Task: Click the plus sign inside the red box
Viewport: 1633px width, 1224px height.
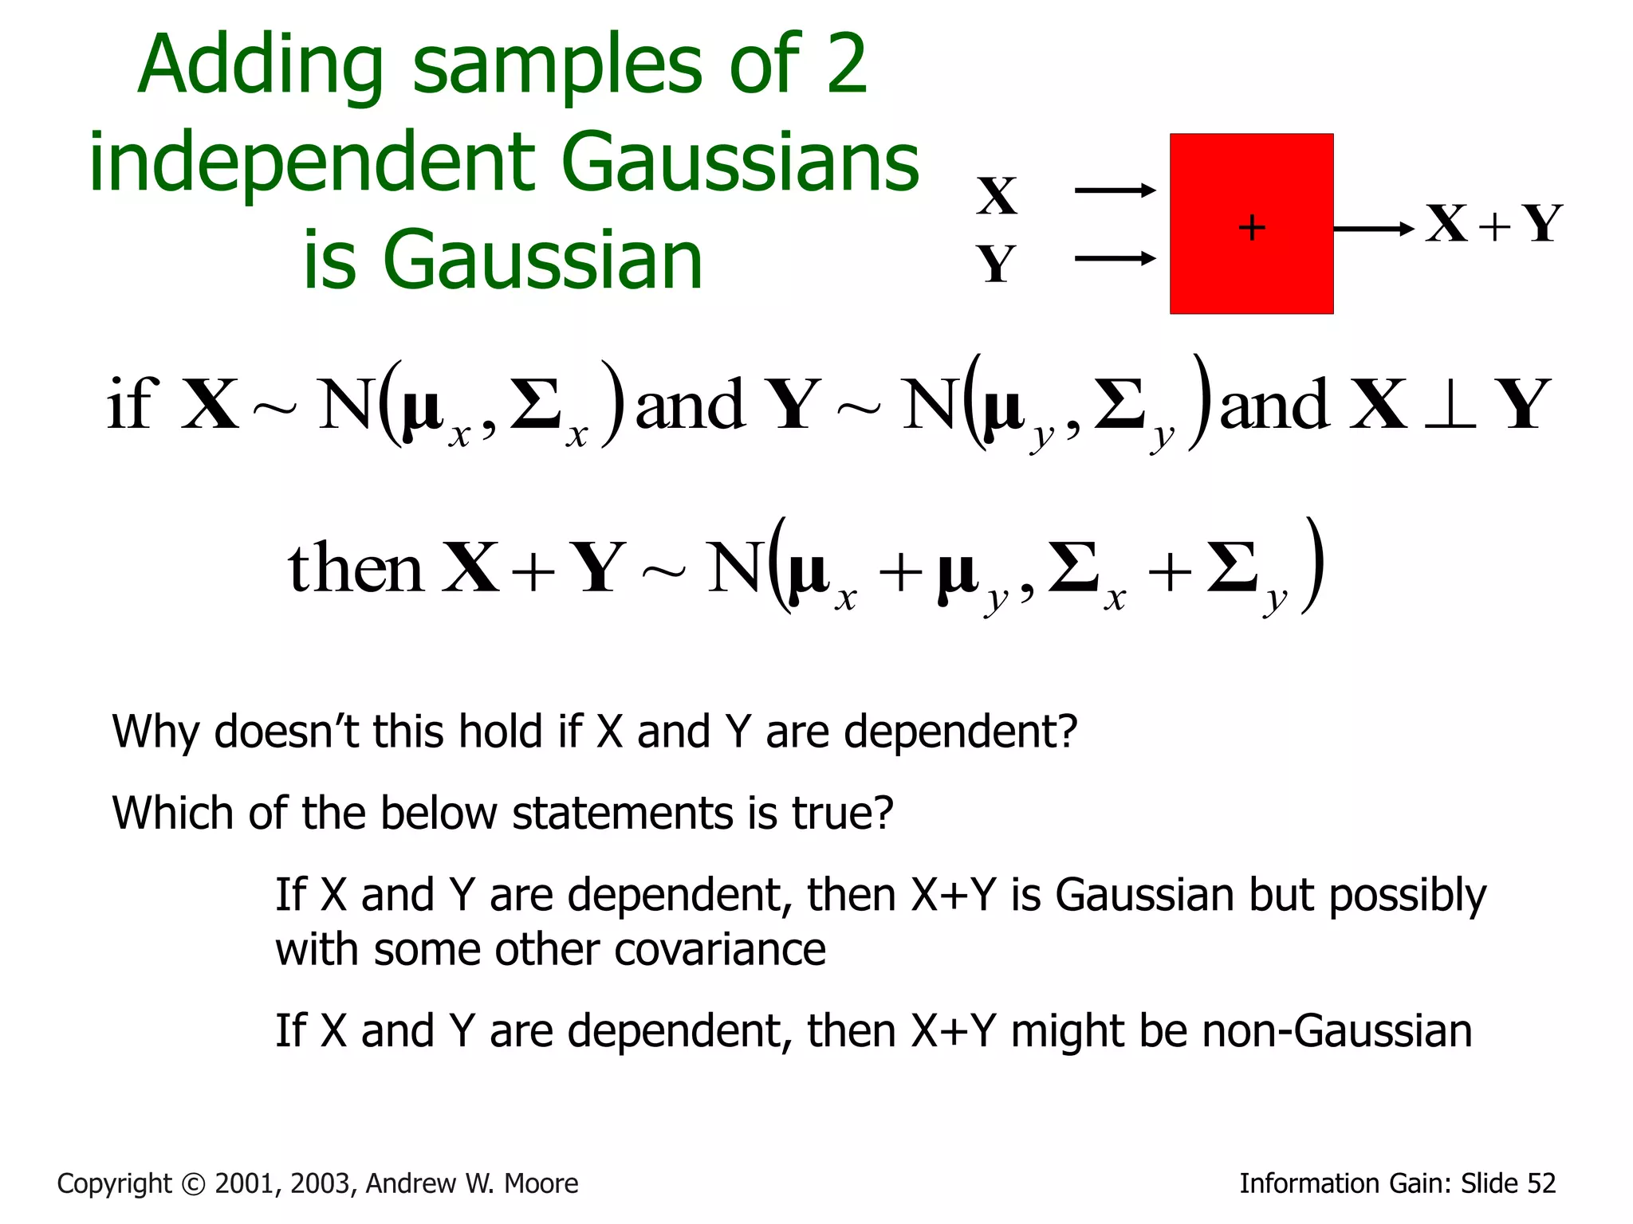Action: pos(1252,228)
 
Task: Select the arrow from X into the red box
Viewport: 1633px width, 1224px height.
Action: pos(1115,190)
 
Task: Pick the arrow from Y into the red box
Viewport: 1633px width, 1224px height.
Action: pos(1115,258)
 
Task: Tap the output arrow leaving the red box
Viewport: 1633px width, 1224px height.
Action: pos(1373,229)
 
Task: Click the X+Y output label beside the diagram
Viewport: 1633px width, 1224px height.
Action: pos(1493,224)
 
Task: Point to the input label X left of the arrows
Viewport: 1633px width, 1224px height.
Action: pos(997,196)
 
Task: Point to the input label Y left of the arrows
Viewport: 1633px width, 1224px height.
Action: pos(997,264)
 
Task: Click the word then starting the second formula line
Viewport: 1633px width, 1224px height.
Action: pos(355,568)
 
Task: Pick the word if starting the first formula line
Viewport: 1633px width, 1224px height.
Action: pos(132,404)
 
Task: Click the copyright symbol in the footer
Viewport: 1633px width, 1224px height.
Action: pos(194,1184)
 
